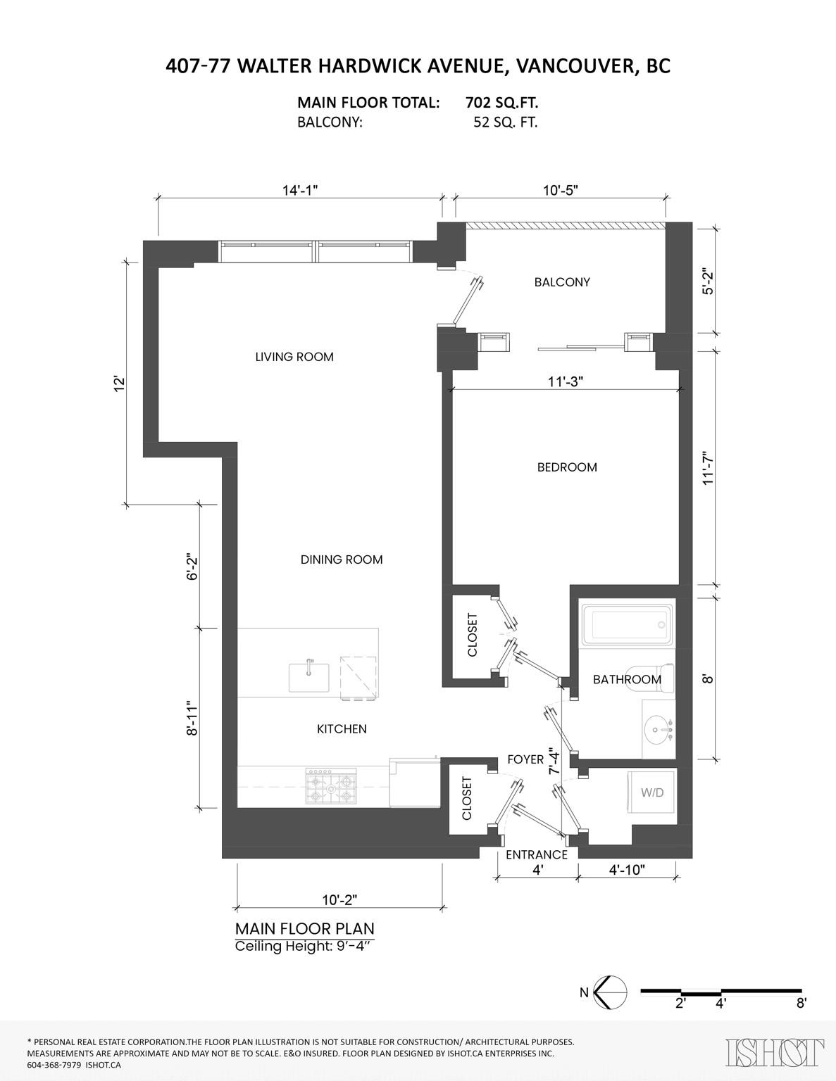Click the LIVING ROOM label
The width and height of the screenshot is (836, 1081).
[x=294, y=357]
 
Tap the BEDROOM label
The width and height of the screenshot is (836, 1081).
[x=566, y=467]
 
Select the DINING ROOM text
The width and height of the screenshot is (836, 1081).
[x=342, y=560]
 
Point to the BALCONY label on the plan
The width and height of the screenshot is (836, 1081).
[x=561, y=282]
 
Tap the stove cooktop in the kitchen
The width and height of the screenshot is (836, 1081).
[x=331, y=787]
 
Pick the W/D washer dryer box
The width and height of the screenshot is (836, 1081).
[x=651, y=792]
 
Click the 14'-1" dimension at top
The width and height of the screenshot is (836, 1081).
[x=301, y=191]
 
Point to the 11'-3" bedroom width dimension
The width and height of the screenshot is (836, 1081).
[x=566, y=381]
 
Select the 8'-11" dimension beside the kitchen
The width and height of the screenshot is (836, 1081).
[x=189, y=717]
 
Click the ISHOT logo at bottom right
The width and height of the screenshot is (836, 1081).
[x=774, y=1052]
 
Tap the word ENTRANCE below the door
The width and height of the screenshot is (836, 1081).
[x=536, y=854]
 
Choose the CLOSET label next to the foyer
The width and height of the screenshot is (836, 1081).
[x=466, y=798]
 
